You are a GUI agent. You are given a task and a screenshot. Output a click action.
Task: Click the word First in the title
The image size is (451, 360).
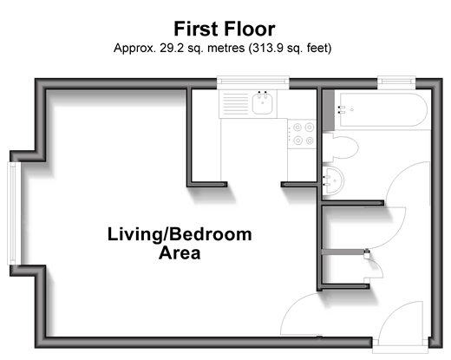coord(196,29)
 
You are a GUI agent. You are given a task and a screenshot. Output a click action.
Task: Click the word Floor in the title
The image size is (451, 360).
coord(249,29)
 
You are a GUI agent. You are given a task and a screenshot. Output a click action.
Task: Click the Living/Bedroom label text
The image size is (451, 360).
coord(180,234)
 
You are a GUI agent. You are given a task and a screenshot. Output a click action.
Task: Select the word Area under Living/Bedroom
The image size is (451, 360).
coord(180,253)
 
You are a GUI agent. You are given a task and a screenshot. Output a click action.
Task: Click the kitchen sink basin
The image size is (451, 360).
coord(262,103)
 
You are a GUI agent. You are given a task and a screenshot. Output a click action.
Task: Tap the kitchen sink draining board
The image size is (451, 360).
coord(236,103)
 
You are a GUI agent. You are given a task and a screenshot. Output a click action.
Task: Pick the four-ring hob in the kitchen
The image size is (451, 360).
coord(303,134)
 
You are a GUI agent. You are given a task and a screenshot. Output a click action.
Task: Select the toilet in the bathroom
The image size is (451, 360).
coord(340,147)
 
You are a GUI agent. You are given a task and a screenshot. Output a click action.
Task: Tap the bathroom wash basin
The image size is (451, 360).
coord(333,181)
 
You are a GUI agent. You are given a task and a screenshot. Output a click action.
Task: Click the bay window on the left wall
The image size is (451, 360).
coord(12,213)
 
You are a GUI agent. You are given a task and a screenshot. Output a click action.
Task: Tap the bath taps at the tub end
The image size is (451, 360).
coord(342,109)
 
